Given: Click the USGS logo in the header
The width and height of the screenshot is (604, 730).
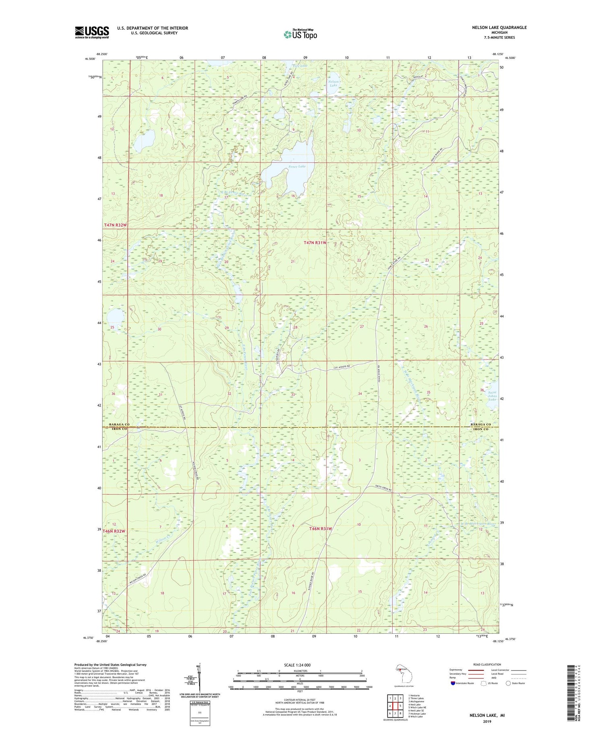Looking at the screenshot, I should click(x=92, y=32).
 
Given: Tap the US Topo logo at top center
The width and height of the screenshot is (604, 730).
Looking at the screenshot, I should click(x=300, y=35).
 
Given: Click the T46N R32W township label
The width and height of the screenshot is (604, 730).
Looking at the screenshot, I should click(x=114, y=531).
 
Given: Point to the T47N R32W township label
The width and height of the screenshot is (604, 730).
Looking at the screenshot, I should click(x=115, y=225).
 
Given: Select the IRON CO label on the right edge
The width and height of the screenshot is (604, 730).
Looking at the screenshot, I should click(x=480, y=429).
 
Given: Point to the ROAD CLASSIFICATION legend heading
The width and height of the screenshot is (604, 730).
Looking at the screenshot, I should click(x=487, y=665).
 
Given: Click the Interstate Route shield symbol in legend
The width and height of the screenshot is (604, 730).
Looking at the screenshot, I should click(x=453, y=683).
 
